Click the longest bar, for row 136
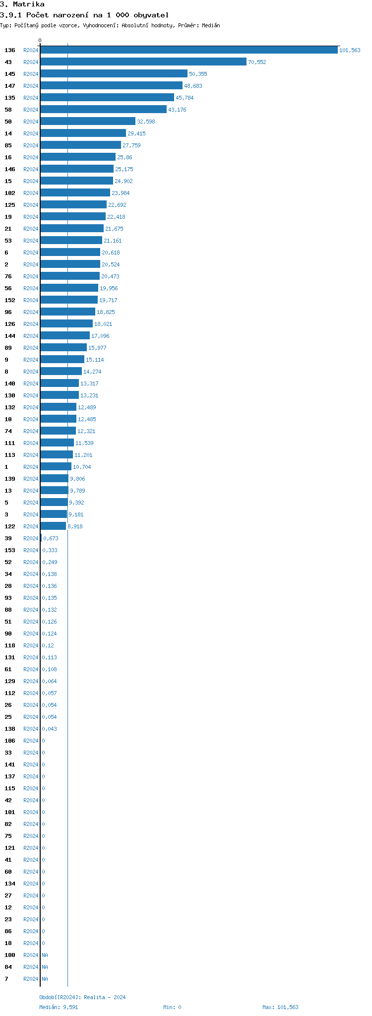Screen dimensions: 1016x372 [189, 50]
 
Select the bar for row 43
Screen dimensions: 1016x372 [143, 62]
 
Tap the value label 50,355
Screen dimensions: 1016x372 [198, 74]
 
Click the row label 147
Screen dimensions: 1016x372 [10, 86]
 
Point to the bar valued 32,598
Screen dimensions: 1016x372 [88, 122]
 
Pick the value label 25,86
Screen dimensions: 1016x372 [124, 157]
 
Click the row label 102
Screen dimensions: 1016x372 [10, 193]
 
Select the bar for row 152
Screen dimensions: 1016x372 [69, 300]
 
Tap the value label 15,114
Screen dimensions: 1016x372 [95, 360]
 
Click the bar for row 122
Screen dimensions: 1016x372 [53, 526]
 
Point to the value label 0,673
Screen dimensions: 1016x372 [51, 538]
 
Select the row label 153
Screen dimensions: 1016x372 [10, 550]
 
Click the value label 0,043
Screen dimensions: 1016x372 [49, 729]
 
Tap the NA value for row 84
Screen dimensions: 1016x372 [45, 967]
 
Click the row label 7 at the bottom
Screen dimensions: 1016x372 [6, 979]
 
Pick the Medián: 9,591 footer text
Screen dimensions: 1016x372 [59, 1007]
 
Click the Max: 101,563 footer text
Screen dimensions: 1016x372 [280, 1007]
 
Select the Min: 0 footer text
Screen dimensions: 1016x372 [172, 1007]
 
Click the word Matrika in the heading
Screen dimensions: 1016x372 [29, 4]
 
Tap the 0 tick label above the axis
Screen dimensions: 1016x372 [40, 40]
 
